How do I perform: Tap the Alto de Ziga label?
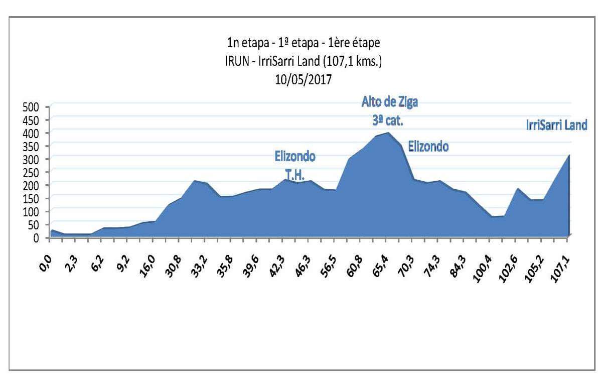390,102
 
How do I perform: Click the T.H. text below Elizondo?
295,172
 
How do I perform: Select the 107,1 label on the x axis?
560,262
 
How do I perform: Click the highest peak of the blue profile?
388,133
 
